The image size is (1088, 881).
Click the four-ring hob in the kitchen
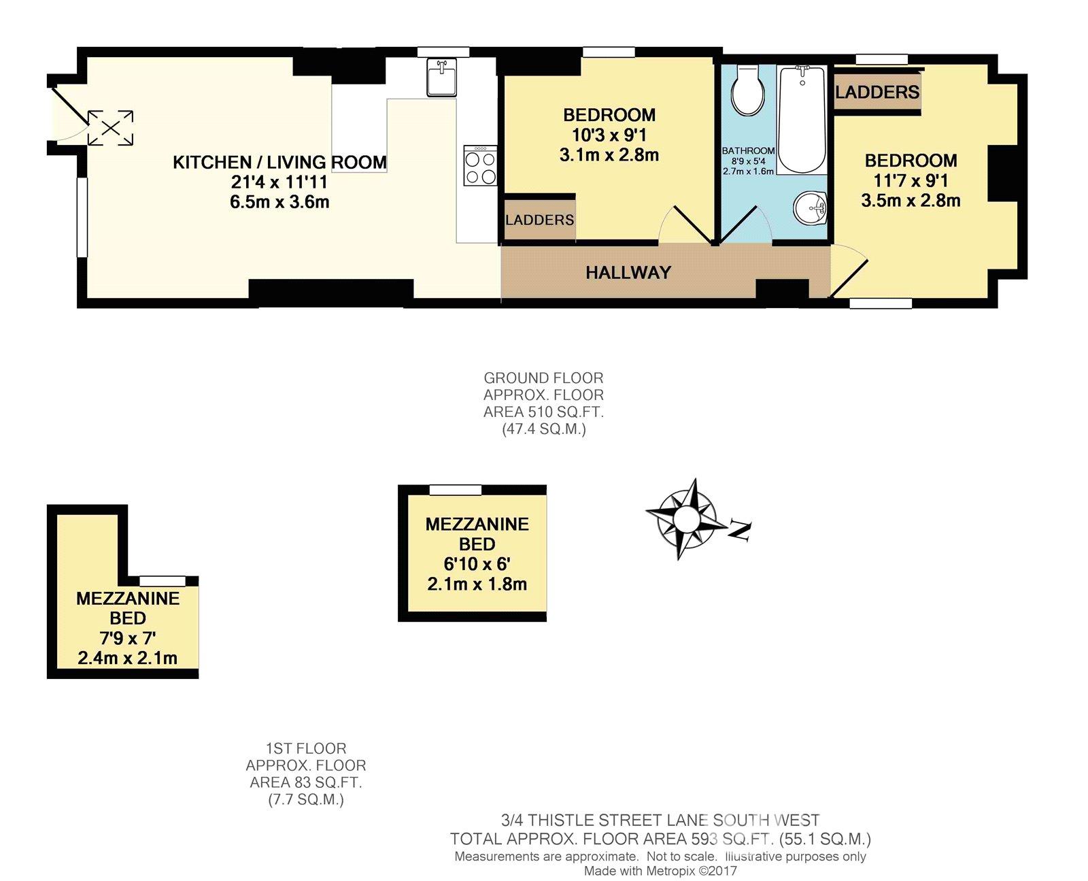[x=479, y=165]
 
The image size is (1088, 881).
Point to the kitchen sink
[x=443, y=77]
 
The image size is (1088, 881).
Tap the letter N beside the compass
[x=738, y=530]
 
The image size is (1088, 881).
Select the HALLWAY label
[x=628, y=272]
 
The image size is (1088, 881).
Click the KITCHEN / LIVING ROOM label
[x=279, y=163]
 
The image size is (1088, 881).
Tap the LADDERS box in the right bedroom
[x=877, y=92]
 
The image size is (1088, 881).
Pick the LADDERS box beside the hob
[x=539, y=220]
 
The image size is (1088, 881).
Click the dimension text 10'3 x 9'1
[x=609, y=135]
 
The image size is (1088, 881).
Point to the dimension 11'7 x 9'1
[x=911, y=181]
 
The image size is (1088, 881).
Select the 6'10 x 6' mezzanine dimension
[x=477, y=564]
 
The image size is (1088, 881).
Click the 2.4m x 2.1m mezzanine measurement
[x=127, y=658]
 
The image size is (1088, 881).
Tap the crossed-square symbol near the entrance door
[x=110, y=127]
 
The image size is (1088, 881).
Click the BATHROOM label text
[x=748, y=151]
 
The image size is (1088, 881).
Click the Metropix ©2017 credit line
[x=660, y=871]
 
